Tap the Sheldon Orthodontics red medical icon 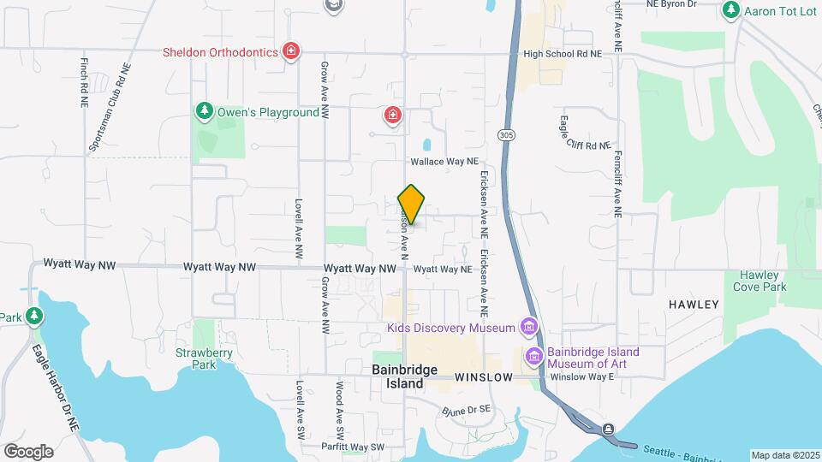click(292, 52)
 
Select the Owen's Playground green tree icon click(204, 111)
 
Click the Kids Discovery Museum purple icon click(528, 328)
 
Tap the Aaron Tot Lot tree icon click(730, 10)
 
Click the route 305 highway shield click(506, 135)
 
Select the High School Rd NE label click(563, 53)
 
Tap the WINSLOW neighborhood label click(484, 377)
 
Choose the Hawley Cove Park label click(759, 281)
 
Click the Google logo click(28, 451)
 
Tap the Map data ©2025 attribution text click(783, 455)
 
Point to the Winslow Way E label click(582, 376)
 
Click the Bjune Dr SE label click(468, 411)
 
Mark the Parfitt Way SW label click(354, 447)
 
